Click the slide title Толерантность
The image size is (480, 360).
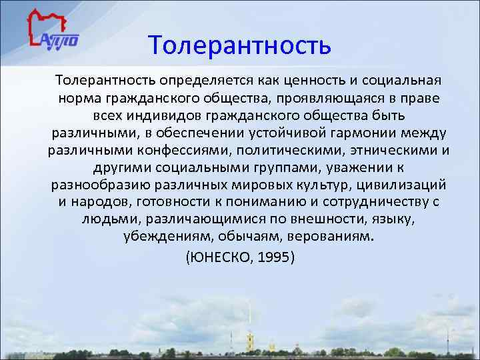(x=240, y=45)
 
